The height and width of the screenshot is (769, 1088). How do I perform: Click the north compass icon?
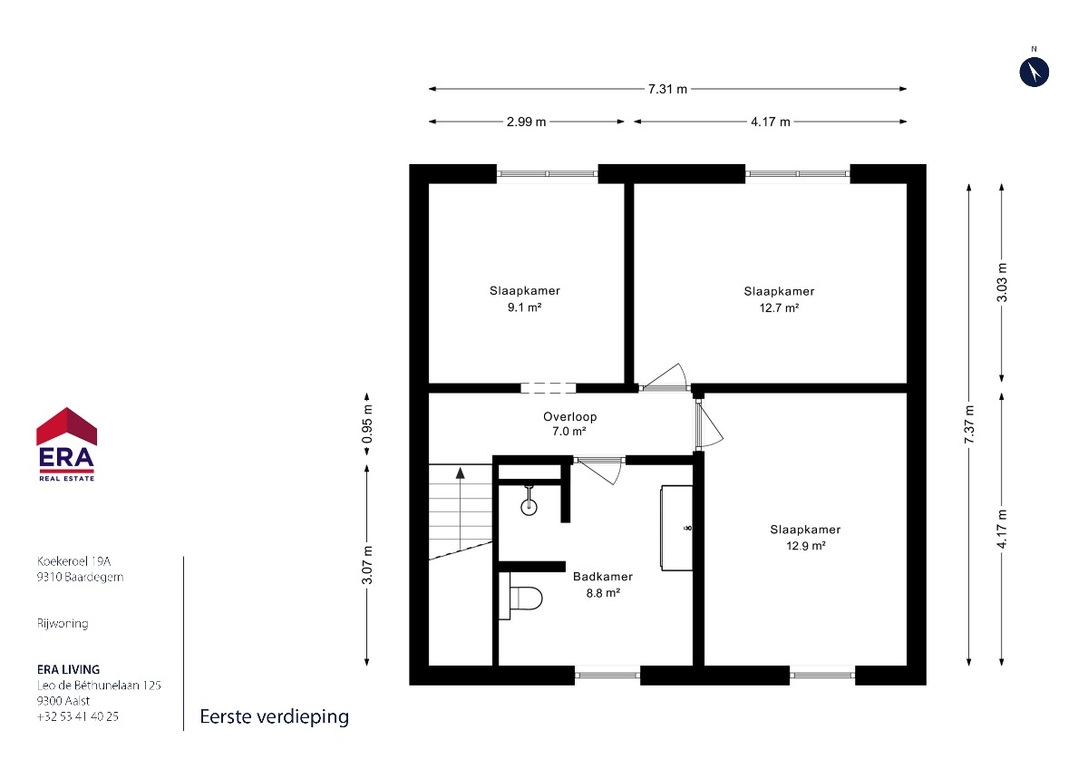[x=1035, y=72]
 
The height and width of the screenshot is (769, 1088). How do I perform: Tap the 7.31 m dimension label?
[x=667, y=90]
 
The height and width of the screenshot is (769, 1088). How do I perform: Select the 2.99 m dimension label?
[x=526, y=122]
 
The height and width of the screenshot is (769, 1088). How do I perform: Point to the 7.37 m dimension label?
[x=969, y=424]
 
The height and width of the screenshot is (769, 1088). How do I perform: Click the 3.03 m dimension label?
[x=1002, y=282]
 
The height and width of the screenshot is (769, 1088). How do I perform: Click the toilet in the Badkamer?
[x=520, y=596]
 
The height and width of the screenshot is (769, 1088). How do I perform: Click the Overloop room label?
[x=569, y=417]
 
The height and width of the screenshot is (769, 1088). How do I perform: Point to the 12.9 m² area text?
[x=806, y=546]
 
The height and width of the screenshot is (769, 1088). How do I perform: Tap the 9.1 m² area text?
[x=525, y=307]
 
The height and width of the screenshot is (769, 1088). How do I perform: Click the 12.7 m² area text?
[x=779, y=308]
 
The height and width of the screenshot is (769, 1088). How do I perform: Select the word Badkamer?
[x=603, y=577]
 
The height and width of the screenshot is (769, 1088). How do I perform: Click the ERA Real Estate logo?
[x=66, y=444]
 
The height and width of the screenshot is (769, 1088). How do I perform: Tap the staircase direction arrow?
[x=460, y=509]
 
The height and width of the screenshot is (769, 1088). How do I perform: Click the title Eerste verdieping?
[x=275, y=717]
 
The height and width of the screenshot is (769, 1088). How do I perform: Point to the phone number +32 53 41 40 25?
[x=78, y=716]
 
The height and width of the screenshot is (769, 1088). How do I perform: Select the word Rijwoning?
[x=63, y=624]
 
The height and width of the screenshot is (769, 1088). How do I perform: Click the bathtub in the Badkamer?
[x=676, y=528]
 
